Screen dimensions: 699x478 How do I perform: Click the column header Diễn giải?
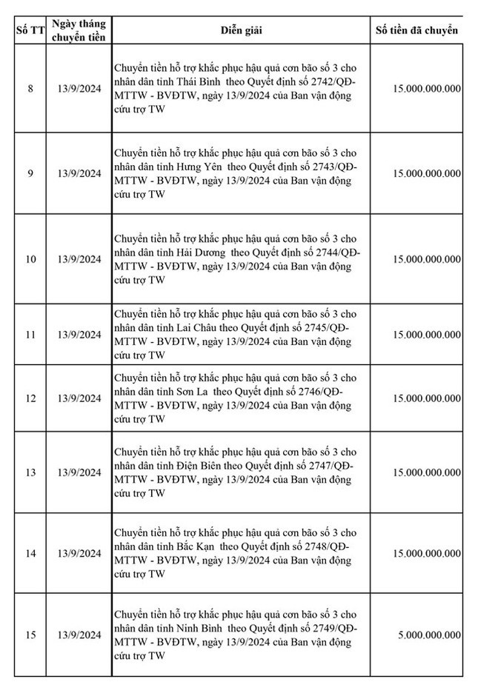pyautogui.click(x=241, y=30)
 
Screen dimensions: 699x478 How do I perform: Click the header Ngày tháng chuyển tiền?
pyautogui.click(x=79, y=30)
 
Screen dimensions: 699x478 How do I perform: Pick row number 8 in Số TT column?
pyautogui.click(x=30, y=89)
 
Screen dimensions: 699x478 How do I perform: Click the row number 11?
pyautogui.click(x=30, y=335)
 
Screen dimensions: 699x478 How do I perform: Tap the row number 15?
pyautogui.click(x=30, y=635)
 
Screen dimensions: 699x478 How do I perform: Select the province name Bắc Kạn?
pyautogui.click(x=194, y=546)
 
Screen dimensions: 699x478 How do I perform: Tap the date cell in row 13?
pyautogui.click(x=79, y=472)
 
